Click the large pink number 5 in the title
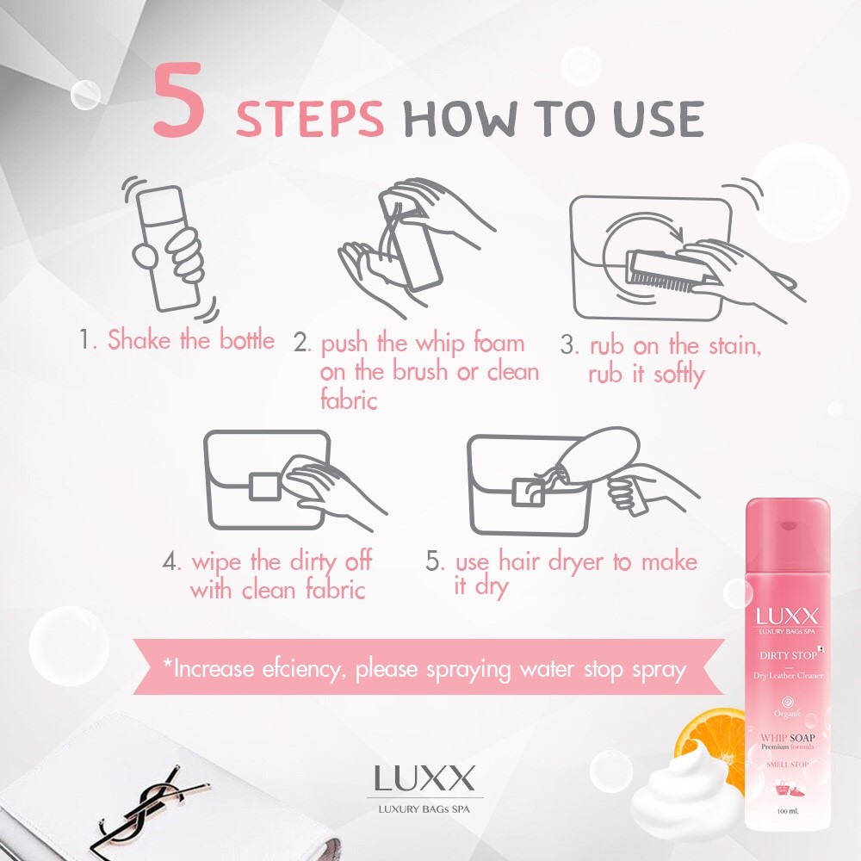point(179,99)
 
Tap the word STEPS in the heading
point(309,118)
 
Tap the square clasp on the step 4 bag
point(264,486)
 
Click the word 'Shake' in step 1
point(139,339)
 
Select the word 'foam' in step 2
point(499,344)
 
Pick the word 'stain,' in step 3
point(734,346)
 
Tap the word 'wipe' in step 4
point(216,562)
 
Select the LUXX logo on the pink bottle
point(787,616)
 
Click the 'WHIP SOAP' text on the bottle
point(788,738)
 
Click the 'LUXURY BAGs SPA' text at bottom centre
point(424,808)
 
